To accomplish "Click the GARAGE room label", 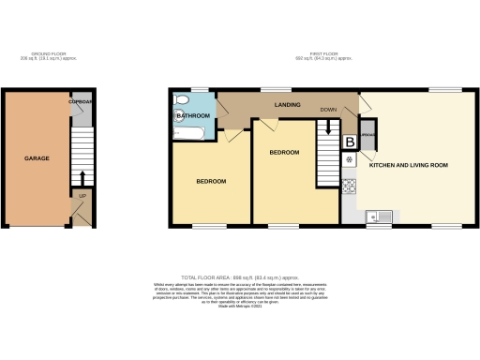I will coord(37,158).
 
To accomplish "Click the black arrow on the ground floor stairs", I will coord(82,177).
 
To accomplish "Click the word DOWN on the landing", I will coord(327,109).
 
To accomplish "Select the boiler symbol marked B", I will coord(351,142).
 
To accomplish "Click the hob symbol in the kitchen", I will coord(350,186).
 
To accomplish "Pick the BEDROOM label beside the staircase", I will coord(284,152).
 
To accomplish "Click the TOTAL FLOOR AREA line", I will coord(240,278).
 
